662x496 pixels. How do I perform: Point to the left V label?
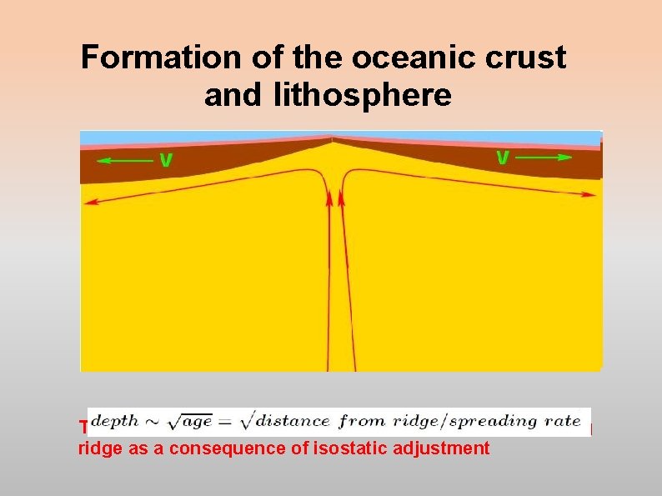click(x=166, y=158)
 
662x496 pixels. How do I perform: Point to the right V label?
click(x=503, y=156)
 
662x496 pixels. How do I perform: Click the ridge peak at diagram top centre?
click(x=333, y=139)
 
